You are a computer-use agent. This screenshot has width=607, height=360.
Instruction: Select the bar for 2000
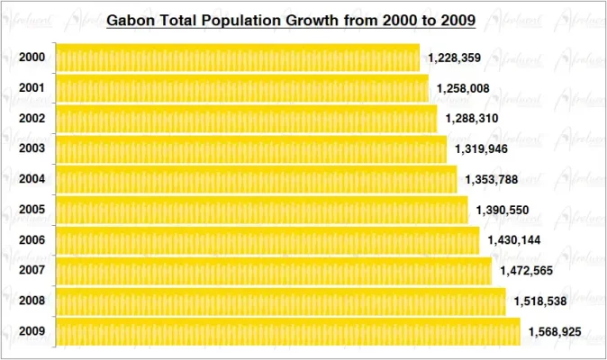238,58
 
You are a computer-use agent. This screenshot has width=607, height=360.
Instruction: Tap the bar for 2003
251,148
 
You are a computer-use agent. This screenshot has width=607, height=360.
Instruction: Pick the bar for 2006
267,240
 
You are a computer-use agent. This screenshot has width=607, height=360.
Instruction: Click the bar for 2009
288,331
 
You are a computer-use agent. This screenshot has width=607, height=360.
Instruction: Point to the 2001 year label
32,88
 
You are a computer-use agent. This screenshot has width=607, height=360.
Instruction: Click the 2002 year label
32,118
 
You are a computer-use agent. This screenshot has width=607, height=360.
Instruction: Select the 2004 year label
32,179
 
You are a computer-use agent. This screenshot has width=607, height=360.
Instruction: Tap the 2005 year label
32,210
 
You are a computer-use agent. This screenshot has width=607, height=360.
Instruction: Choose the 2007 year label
32,270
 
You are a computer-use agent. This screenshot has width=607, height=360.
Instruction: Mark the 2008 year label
32,301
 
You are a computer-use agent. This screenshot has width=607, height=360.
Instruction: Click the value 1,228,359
454,58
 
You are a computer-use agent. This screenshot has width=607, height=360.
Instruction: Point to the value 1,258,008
463,88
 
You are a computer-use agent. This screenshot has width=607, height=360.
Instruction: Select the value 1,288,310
471,119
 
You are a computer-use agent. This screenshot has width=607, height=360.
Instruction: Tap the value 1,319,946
481,148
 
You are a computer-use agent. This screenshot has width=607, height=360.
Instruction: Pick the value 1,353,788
491,179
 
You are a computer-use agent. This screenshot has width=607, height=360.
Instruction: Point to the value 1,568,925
554,332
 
